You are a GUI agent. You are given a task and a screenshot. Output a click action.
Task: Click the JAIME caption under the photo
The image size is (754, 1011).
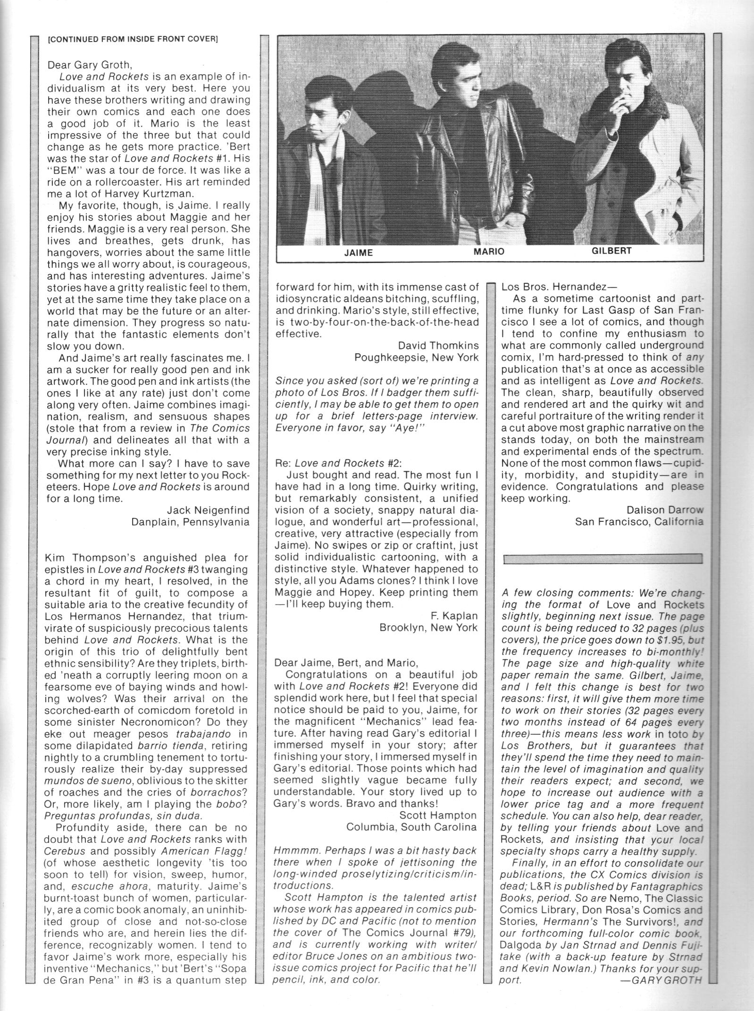click(359, 252)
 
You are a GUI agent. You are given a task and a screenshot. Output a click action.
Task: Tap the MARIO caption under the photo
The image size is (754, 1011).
click(489, 252)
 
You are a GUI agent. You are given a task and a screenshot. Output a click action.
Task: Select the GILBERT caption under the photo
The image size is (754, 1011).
click(612, 251)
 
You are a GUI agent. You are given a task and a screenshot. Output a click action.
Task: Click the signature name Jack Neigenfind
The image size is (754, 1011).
click(208, 510)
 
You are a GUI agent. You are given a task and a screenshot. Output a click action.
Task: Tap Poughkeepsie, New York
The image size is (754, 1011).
click(416, 357)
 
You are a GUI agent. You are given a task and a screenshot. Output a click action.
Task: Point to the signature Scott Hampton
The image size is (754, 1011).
click(438, 815)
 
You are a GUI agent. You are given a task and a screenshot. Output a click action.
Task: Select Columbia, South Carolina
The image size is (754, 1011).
click(411, 827)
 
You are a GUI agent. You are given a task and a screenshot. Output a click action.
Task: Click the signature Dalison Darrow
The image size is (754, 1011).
click(665, 510)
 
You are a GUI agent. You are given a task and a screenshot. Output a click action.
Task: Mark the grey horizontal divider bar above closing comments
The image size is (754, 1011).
click(603, 559)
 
